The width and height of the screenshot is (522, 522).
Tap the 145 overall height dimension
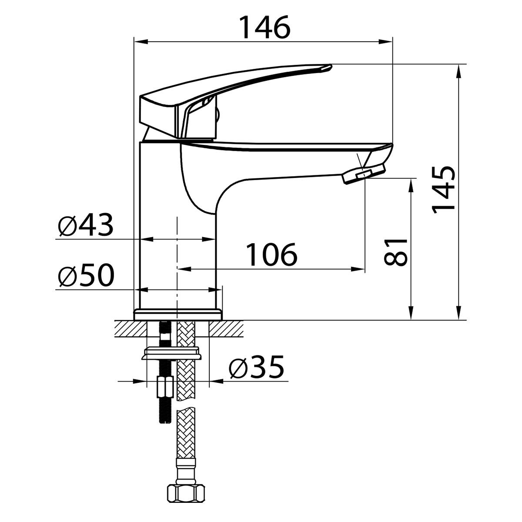pyautogui.click(x=443, y=190)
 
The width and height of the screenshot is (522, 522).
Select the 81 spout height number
pyautogui.click(x=395, y=252)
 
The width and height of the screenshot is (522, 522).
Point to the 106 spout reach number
pyautogui.click(x=272, y=254)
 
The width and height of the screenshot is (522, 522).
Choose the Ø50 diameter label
pyautogui.click(x=86, y=275)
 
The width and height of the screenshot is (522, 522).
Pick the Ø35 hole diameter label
pyautogui.click(x=257, y=367)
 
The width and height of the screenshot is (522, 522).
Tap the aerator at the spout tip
pyautogui.click(x=364, y=174)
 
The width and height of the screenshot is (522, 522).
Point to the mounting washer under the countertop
pyautogui.click(x=172, y=354)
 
